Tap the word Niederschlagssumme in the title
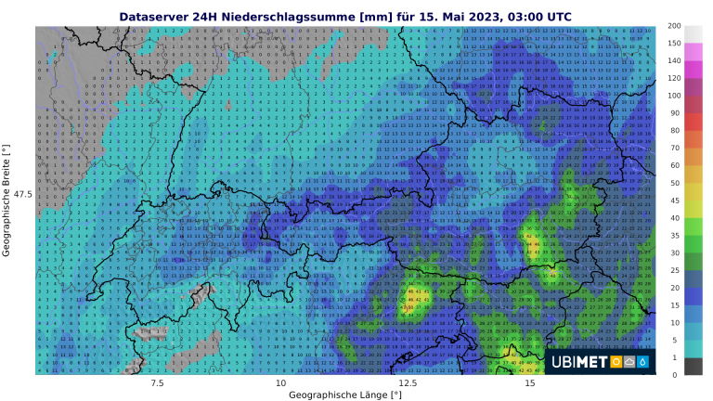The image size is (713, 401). click(x=286, y=16)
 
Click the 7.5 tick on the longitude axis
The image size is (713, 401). click(x=157, y=382)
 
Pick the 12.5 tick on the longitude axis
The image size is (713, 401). click(x=406, y=382)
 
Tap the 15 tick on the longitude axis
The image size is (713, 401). click(x=529, y=382)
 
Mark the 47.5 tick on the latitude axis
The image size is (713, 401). click(x=22, y=194)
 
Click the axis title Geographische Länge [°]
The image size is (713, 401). click(x=345, y=395)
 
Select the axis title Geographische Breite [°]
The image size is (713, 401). click(x=6, y=200)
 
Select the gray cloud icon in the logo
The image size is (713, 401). click(x=630, y=362)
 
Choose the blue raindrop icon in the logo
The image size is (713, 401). click(x=643, y=362)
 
